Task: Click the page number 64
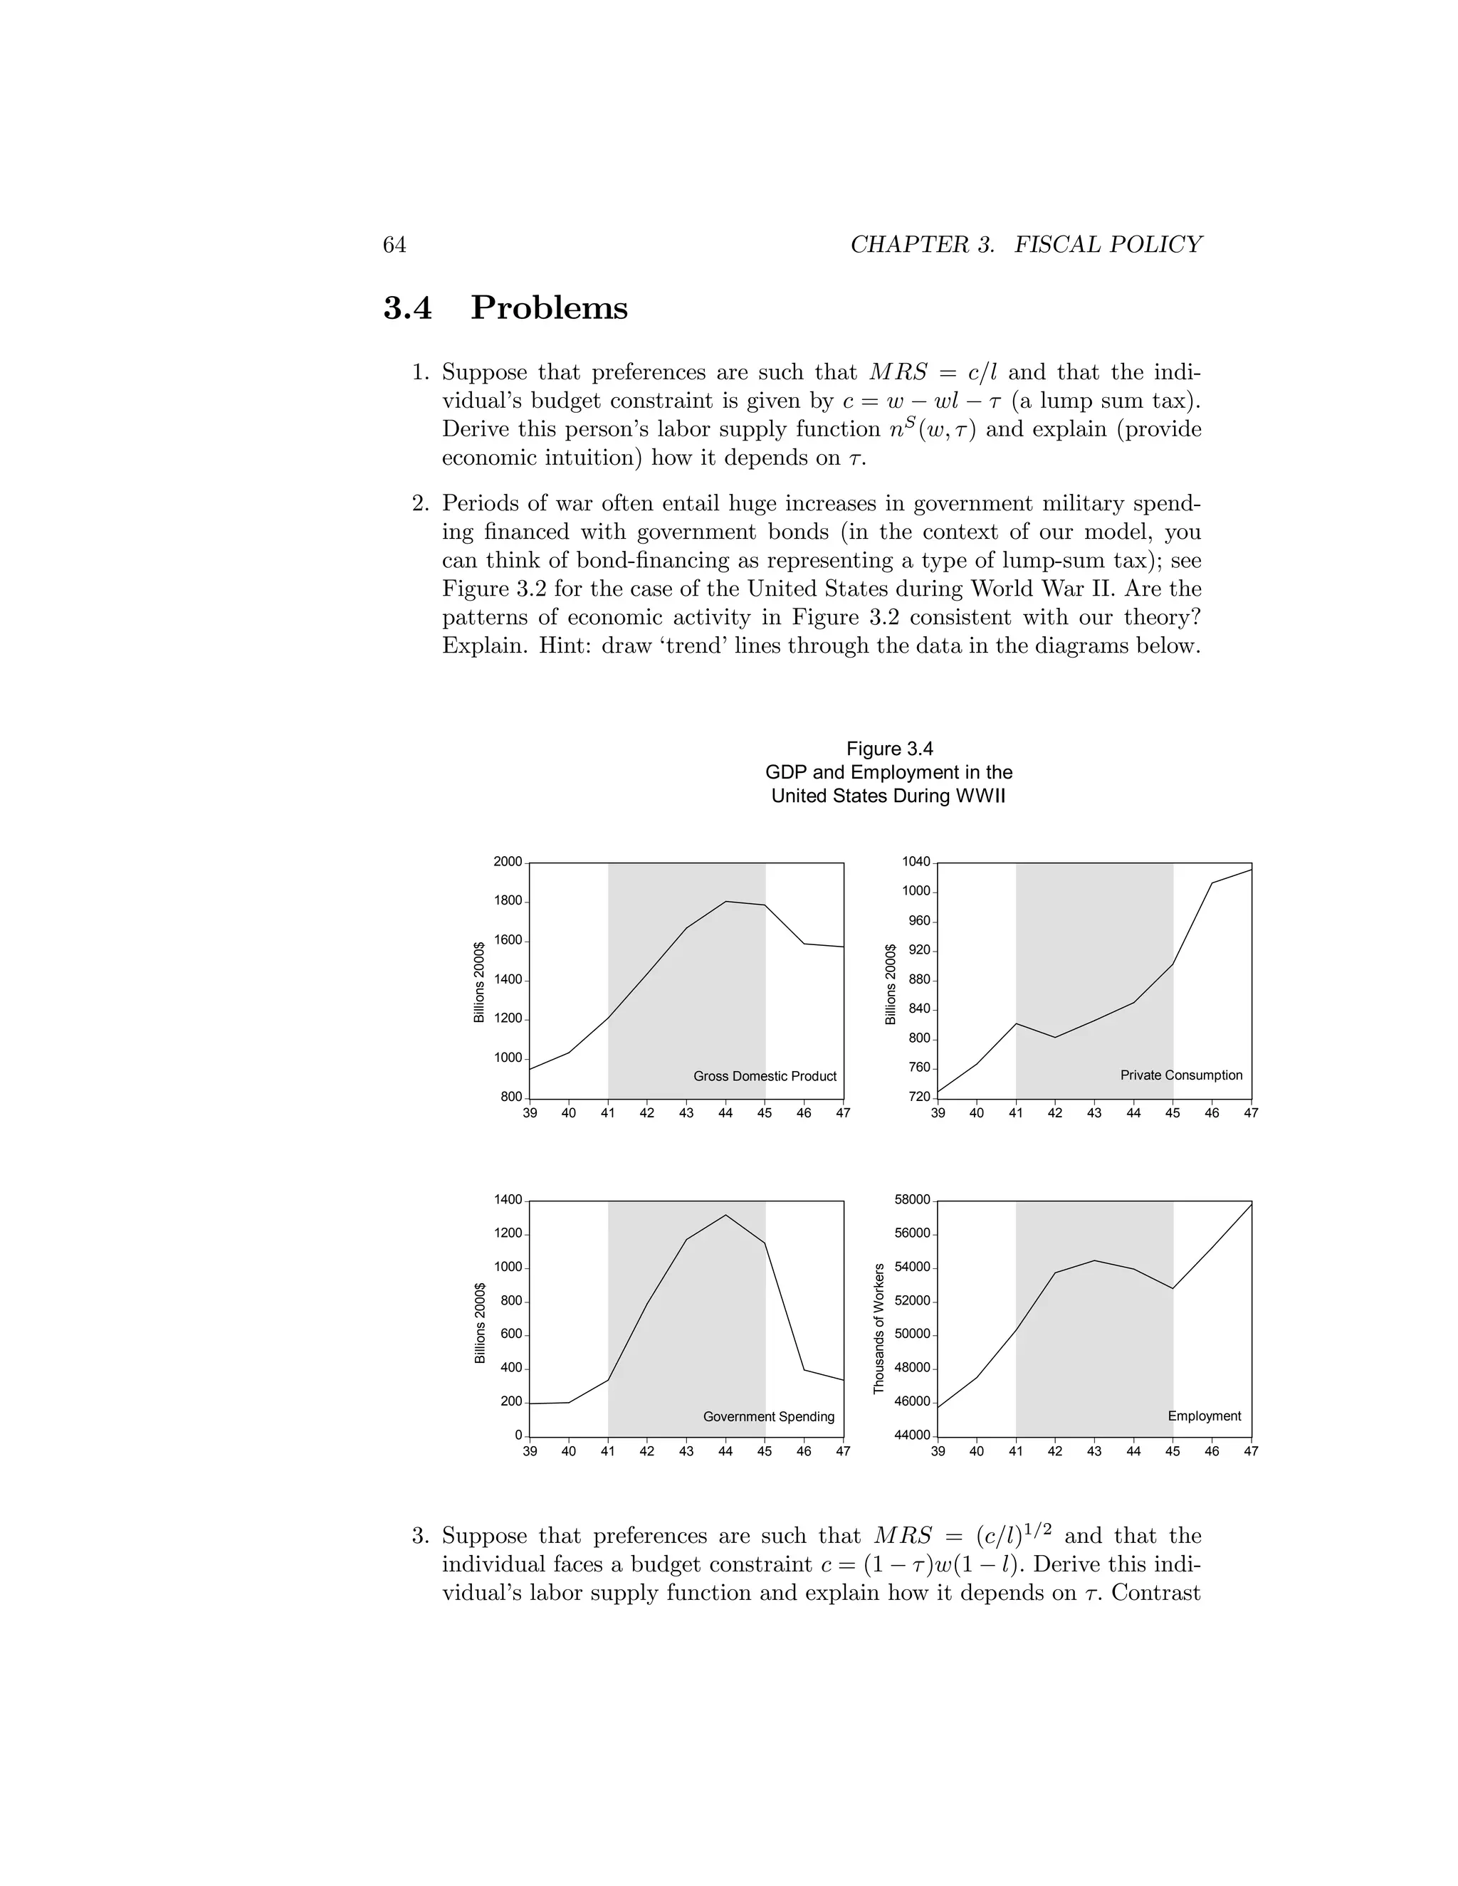[x=394, y=246]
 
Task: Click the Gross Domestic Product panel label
[x=765, y=1076]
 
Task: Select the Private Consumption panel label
[x=1181, y=1075]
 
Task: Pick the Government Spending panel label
[x=769, y=1416]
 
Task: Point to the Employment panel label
[x=1204, y=1416]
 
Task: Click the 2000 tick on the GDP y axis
[x=508, y=862]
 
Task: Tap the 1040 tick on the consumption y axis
[x=916, y=862]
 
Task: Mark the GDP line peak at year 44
[x=725, y=902]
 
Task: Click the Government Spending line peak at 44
[x=725, y=1215]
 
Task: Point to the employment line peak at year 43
[x=1094, y=1261]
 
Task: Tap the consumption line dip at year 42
[x=1054, y=1037]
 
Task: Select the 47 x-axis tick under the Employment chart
[x=1251, y=1452]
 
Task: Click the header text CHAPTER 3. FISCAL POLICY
[x=1025, y=246]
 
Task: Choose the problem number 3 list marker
[x=421, y=1537]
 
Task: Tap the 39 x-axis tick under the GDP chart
[x=530, y=1113]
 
